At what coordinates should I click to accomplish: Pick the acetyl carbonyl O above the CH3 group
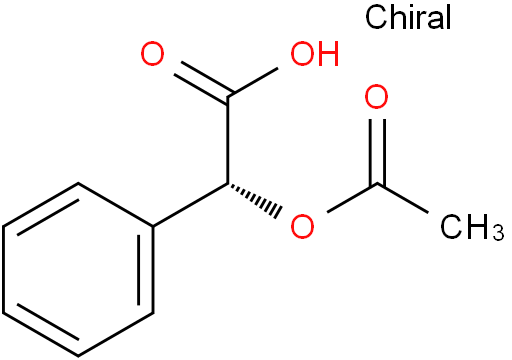click(x=376, y=99)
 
